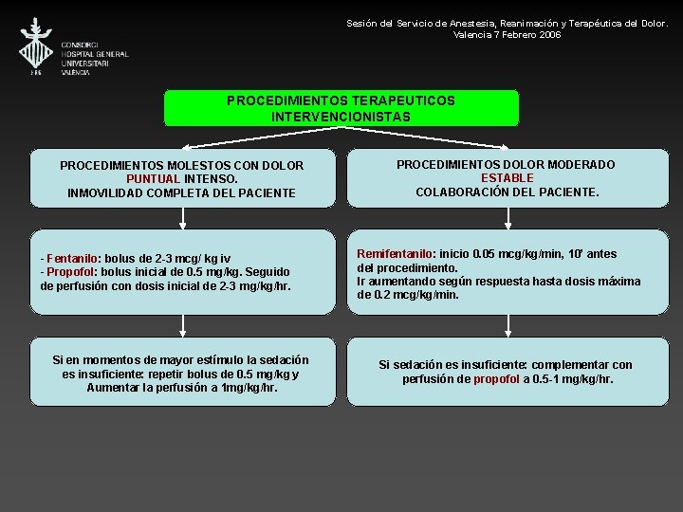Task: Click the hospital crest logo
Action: tap(37, 44)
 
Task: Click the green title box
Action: tap(341, 108)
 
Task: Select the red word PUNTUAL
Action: tap(153, 178)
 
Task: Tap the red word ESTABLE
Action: tap(507, 177)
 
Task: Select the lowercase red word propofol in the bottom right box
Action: tap(497, 378)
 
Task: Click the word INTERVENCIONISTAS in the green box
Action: tap(341, 117)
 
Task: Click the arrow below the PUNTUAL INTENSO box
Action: tap(183, 220)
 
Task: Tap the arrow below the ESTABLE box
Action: tap(508, 220)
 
